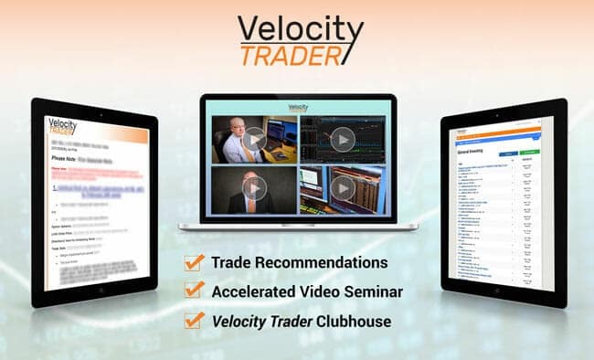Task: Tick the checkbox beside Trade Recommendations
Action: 194,263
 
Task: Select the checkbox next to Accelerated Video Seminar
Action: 194,291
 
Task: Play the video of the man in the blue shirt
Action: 255,140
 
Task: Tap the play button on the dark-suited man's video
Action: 255,187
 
